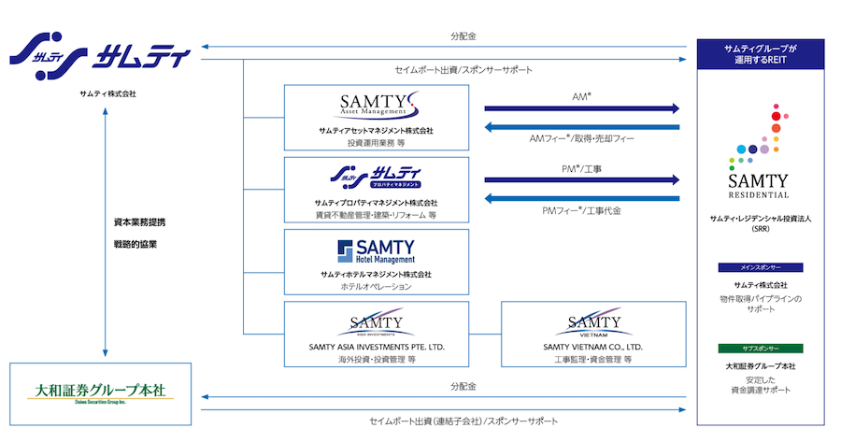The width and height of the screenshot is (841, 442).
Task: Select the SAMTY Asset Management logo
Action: pos(377,103)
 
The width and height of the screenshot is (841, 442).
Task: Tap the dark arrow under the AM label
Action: pos(581,109)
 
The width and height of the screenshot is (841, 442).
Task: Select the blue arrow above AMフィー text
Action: pos(581,128)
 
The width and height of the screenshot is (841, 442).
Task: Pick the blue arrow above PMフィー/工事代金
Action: pos(581,198)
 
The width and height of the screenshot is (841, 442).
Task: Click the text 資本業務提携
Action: pos(134,224)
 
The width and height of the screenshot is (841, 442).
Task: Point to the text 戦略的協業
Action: pos(134,244)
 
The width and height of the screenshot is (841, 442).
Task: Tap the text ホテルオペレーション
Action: pos(376,287)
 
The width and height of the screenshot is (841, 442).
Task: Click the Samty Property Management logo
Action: pos(377,175)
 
